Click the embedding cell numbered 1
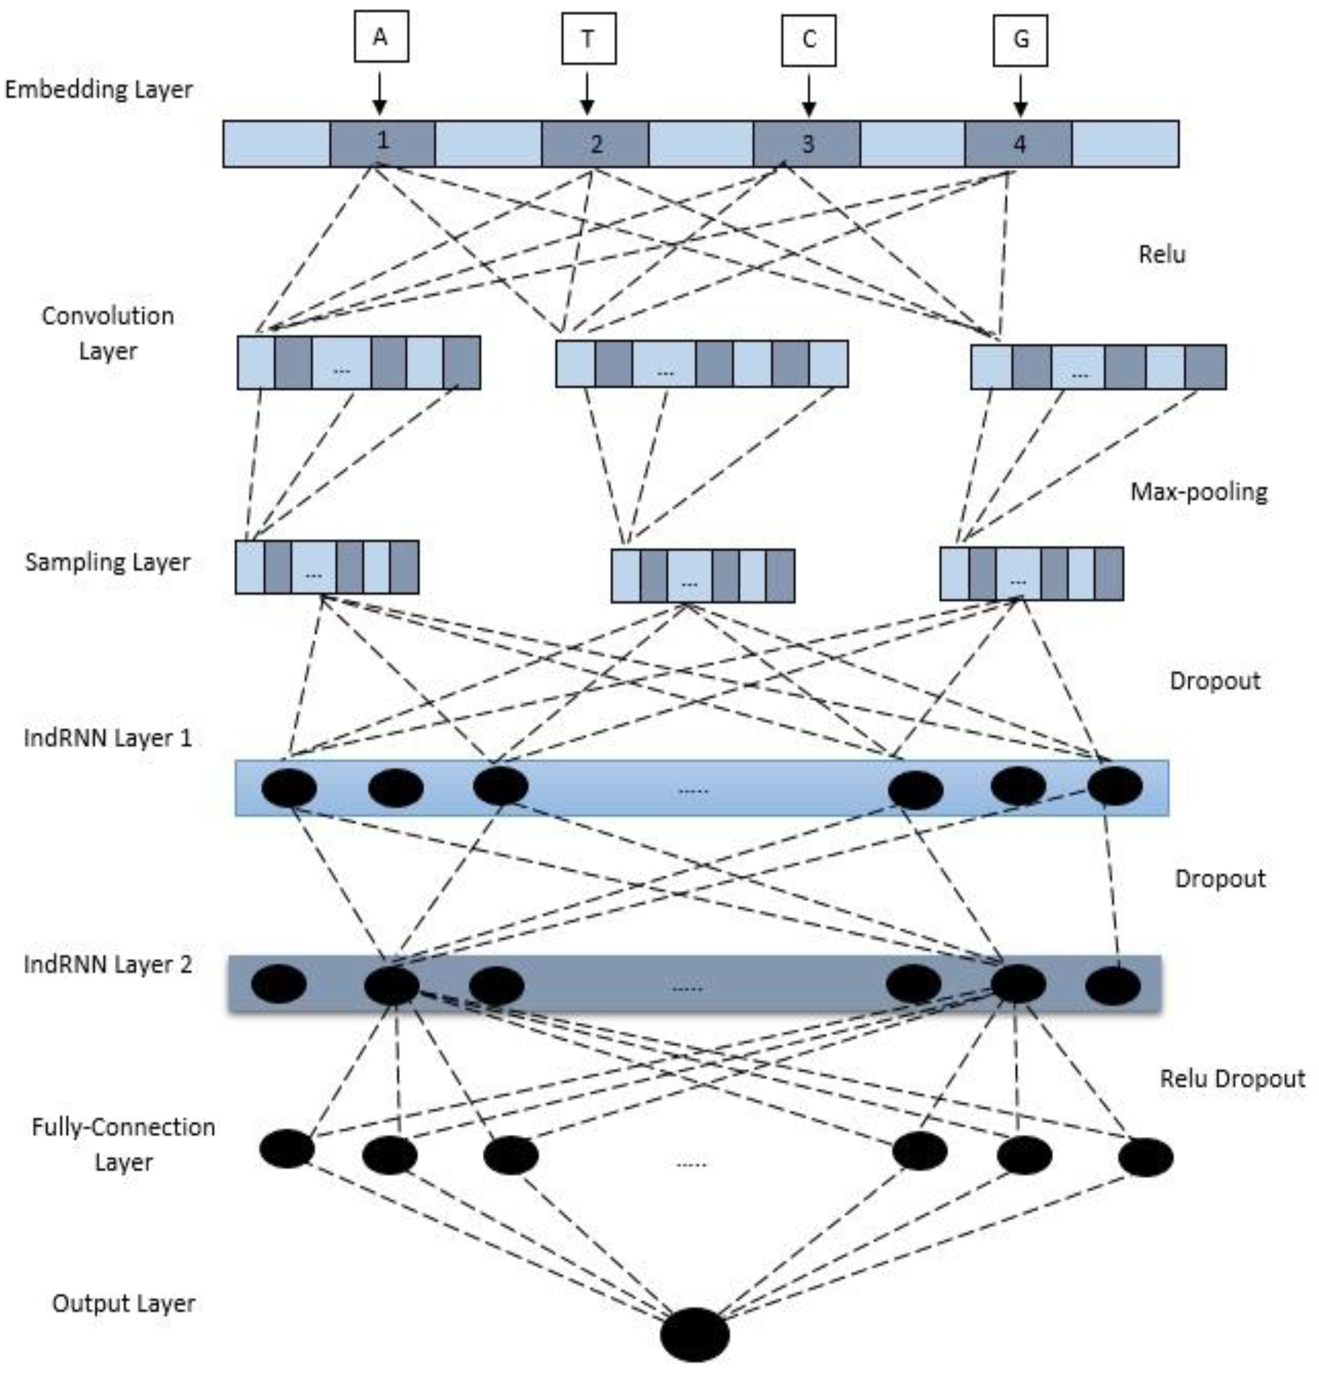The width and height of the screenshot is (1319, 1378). point(382,143)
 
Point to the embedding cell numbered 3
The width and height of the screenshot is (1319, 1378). point(807,143)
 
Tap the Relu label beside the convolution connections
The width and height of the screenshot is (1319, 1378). point(1161,254)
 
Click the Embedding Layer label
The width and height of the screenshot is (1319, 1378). point(98,89)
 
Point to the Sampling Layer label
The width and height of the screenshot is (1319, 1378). point(107,562)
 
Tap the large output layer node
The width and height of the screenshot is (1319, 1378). point(695,1334)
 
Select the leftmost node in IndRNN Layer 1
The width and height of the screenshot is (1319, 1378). point(289,787)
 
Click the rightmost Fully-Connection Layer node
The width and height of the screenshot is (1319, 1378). point(1145,1158)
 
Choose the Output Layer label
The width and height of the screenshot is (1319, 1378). point(124,1303)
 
